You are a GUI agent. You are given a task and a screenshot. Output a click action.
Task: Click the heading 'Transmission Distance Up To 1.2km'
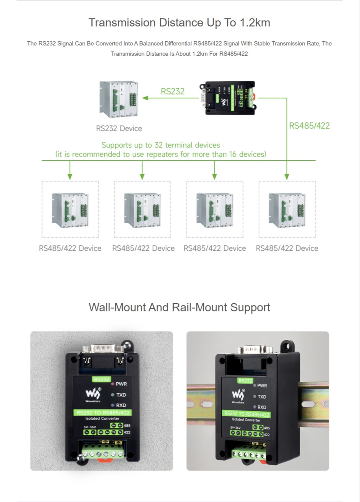point(179,23)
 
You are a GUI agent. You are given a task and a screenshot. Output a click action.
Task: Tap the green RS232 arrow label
point(172,91)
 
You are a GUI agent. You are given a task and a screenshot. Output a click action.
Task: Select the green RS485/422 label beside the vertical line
point(309,126)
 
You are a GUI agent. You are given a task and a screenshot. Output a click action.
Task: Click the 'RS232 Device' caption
point(119,128)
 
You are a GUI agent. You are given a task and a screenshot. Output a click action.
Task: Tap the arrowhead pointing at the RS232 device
point(145,98)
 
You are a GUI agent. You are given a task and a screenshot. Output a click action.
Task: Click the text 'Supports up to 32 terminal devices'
point(161,145)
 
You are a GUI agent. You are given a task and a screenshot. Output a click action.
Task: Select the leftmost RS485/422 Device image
point(70,210)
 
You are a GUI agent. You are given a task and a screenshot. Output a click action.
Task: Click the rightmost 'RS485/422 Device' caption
point(287,248)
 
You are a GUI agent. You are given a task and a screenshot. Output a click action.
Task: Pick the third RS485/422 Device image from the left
point(215,210)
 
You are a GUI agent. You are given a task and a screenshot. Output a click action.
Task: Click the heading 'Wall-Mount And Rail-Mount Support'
point(179,307)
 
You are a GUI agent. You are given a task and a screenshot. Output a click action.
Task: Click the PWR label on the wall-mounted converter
point(121,384)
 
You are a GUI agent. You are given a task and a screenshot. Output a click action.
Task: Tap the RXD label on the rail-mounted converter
point(262,407)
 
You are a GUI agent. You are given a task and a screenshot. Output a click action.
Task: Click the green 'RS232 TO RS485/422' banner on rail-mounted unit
point(247,414)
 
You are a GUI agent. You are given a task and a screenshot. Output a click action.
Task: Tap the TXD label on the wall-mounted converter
point(121,395)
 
